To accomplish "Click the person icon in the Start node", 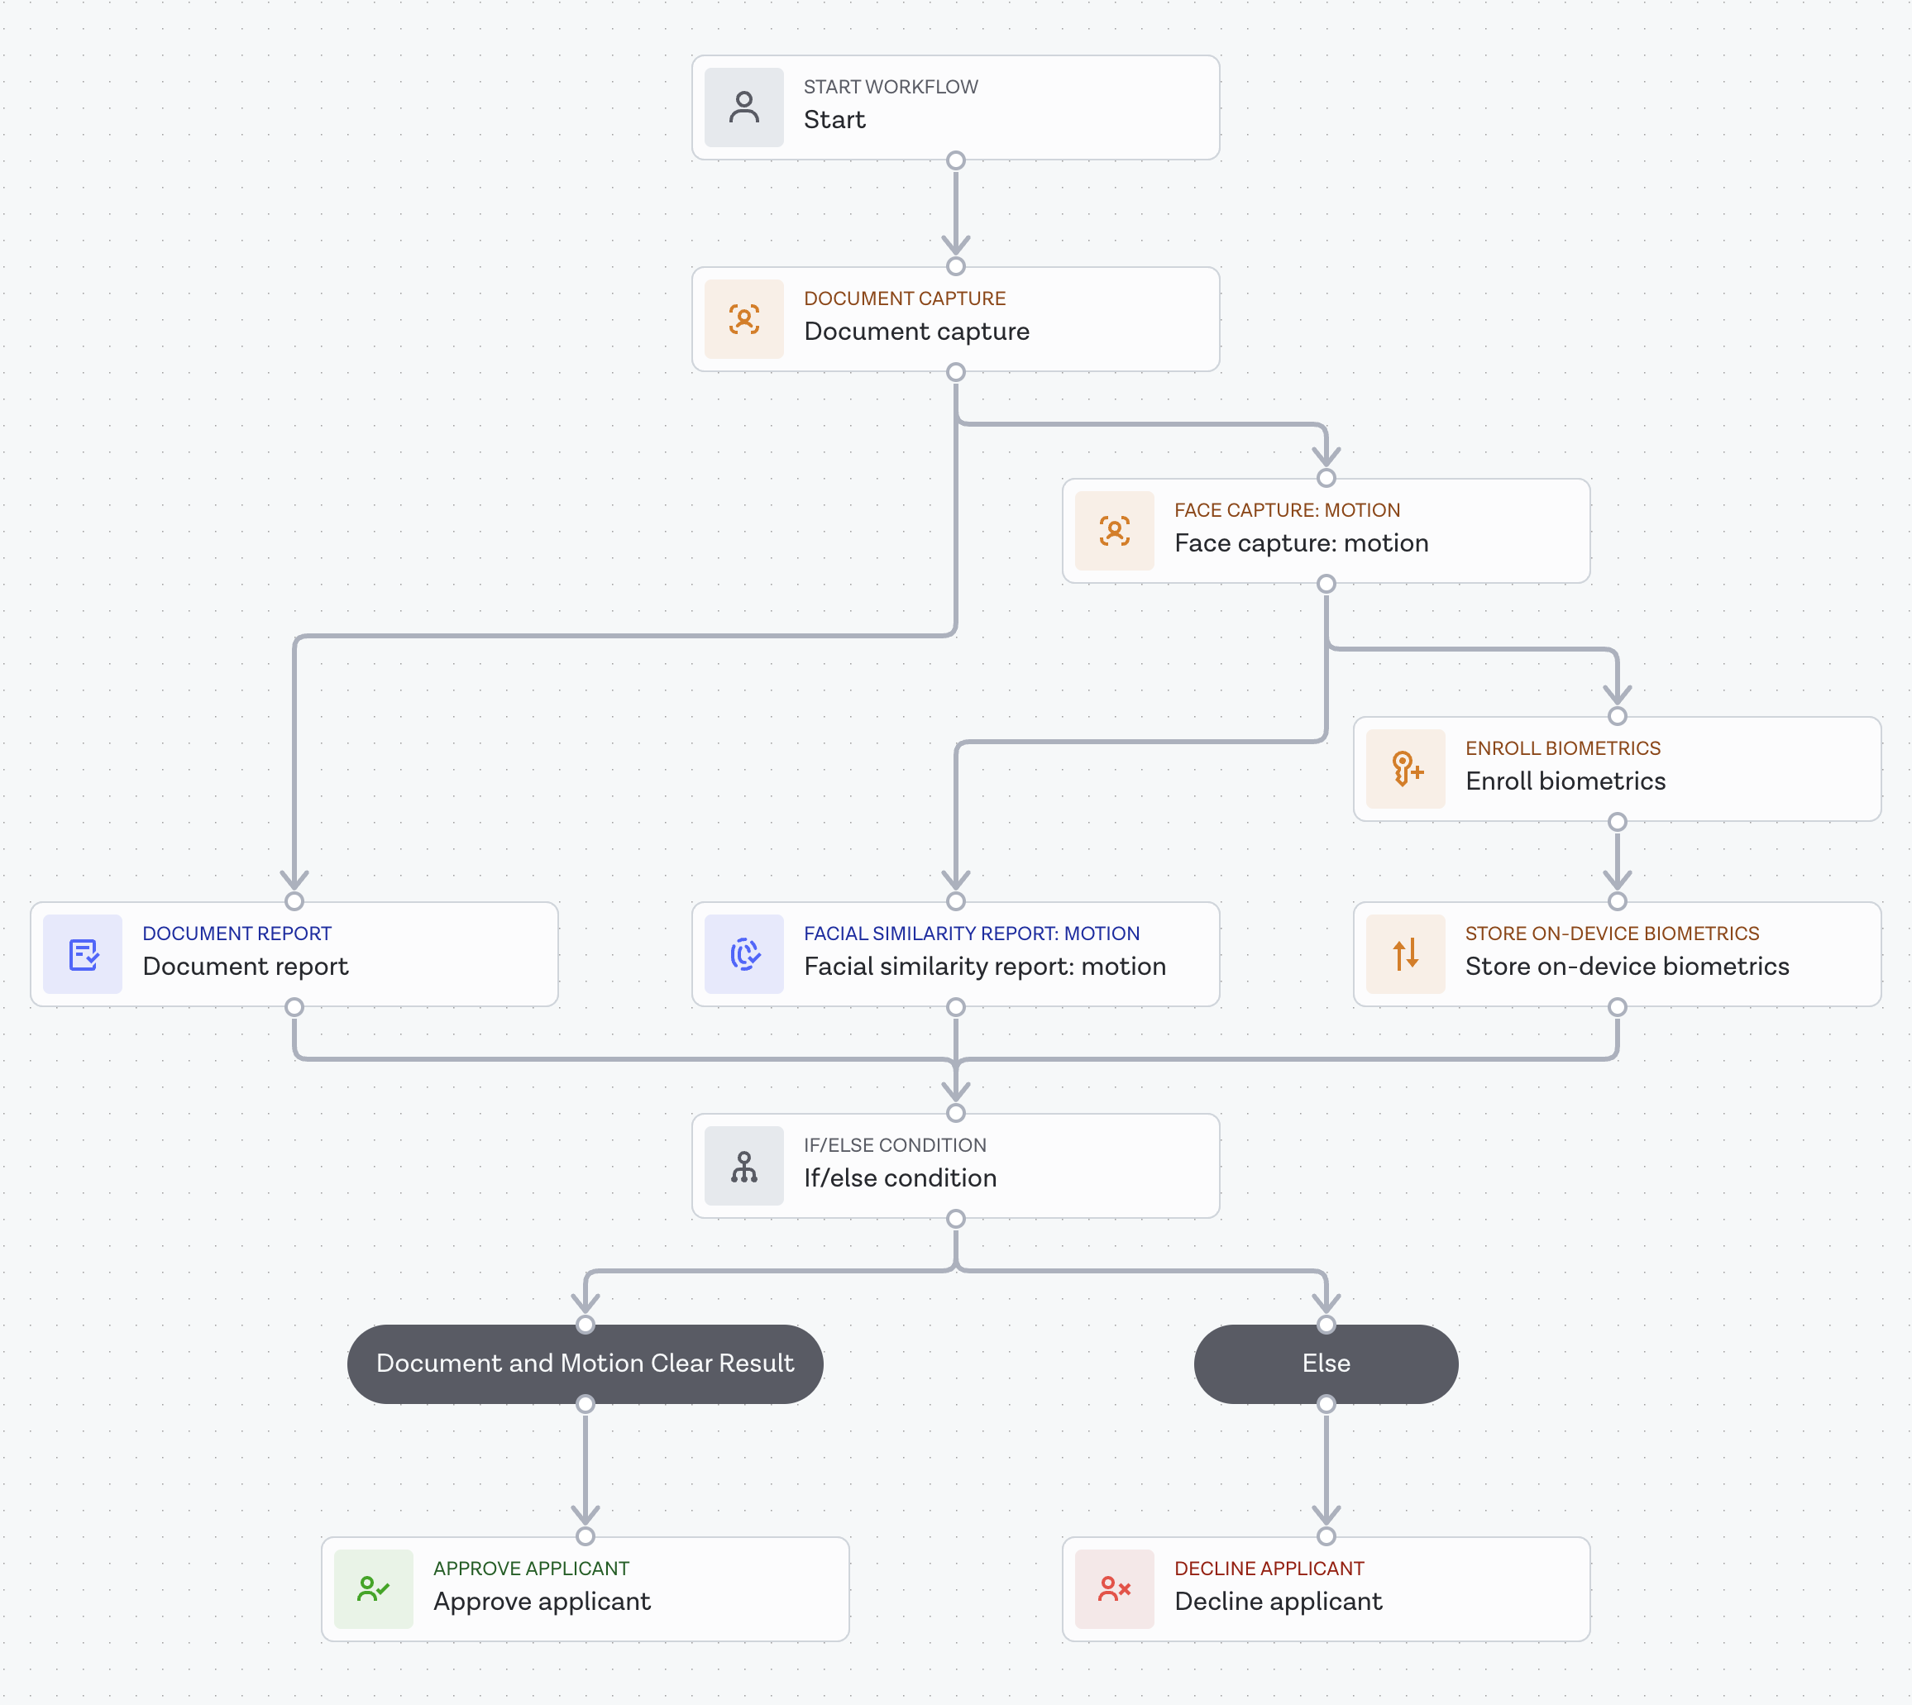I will (x=743, y=107).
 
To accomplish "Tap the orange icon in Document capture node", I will (x=743, y=319).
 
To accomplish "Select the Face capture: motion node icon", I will (x=1114, y=531).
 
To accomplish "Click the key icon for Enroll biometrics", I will (x=1405, y=769).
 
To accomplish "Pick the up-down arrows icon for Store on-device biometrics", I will (x=1405, y=953).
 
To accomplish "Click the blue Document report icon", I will (x=83, y=953).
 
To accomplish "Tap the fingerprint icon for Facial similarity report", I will (x=743, y=953).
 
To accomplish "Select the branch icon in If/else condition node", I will (x=743, y=1167).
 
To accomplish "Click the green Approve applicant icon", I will (x=373, y=1589).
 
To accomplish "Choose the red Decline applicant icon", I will (x=1114, y=1589).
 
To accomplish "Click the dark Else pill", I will (x=1326, y=1363).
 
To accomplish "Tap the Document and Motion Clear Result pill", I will (x=585, y=1363).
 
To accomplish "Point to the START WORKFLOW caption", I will (x=890, y=87).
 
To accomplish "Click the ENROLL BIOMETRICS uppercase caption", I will (x=1561, y=748).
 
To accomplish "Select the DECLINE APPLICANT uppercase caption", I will (x=1269, y=1569).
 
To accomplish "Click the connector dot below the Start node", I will (x=955, y=160).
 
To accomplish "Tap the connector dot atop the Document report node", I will (x=294, y=901).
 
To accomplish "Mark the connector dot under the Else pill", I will (x=1326, y=1403).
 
